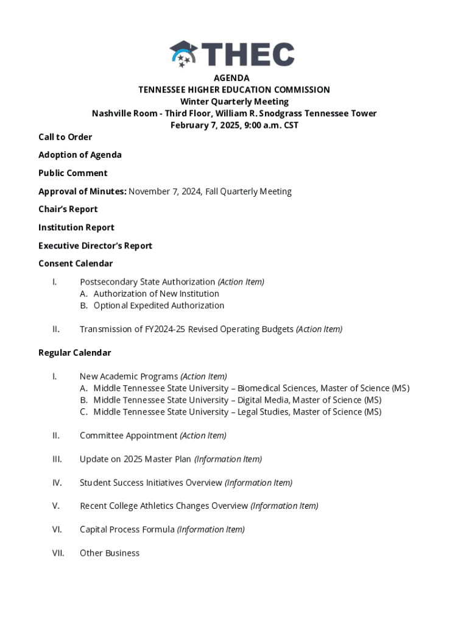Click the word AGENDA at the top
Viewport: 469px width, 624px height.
[231, 78]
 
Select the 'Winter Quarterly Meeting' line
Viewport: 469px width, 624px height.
[234, 102]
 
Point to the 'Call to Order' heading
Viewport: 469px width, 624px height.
[65, 137]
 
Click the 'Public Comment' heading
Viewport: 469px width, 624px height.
[73, 173]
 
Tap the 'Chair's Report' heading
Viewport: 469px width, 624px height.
[68, 209]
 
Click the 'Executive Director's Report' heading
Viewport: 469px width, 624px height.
[95, 246]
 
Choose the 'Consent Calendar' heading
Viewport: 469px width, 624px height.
[76, 263]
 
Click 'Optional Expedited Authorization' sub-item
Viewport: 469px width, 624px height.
[158, 305]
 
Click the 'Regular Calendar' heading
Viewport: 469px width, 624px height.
[75, 353]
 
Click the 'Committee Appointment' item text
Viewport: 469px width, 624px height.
[129, 436]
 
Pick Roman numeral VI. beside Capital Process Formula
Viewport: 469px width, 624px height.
[57, 530]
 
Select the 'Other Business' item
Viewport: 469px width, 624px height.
[110, 553]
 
